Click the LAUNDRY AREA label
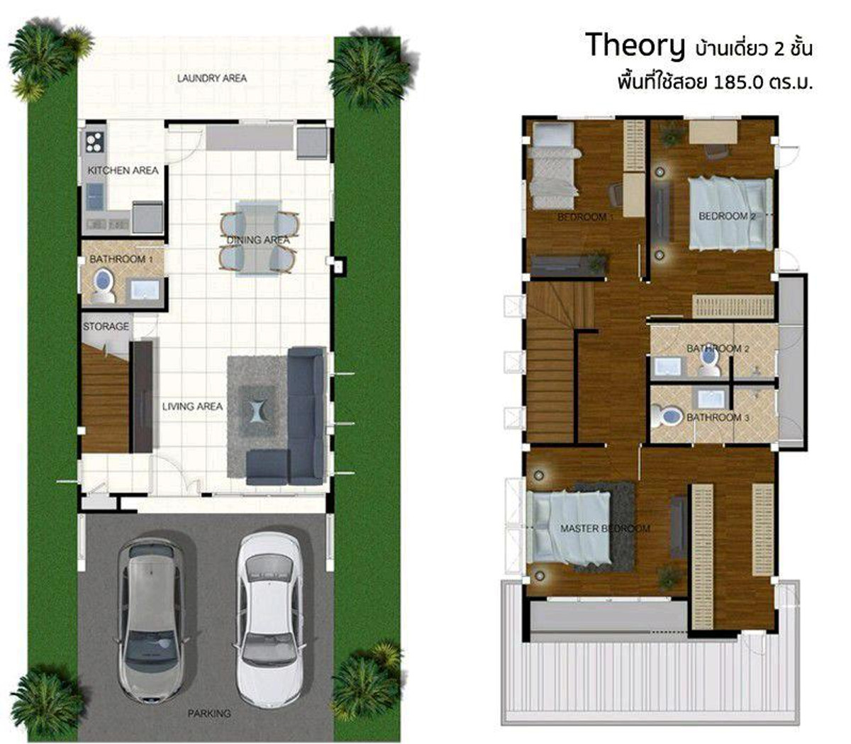pyautogui.click(x=212, y=78)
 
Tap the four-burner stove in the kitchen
pyautogui.click(x=95, y=142)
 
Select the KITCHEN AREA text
pyautogui.click(x=123, y=170)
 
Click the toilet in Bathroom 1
pyautogui.click(x=103, y=286)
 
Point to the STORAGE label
pyautogui.click(x=106, y=326)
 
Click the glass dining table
pyautogui.click(x=258, y=239)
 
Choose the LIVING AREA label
pyautogui.click(x=192, y=406)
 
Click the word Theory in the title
pyautogui.click(x=635, y=47)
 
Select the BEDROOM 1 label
pyautogui.click(x=585, y=216)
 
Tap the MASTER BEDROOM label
pyautogui.click(x=605, y=528)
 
